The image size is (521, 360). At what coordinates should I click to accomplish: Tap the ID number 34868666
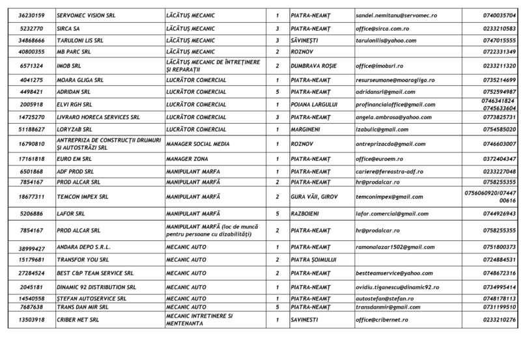[x=32, y=39]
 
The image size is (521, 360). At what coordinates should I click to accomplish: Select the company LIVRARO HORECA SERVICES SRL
[x=97, y=117]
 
